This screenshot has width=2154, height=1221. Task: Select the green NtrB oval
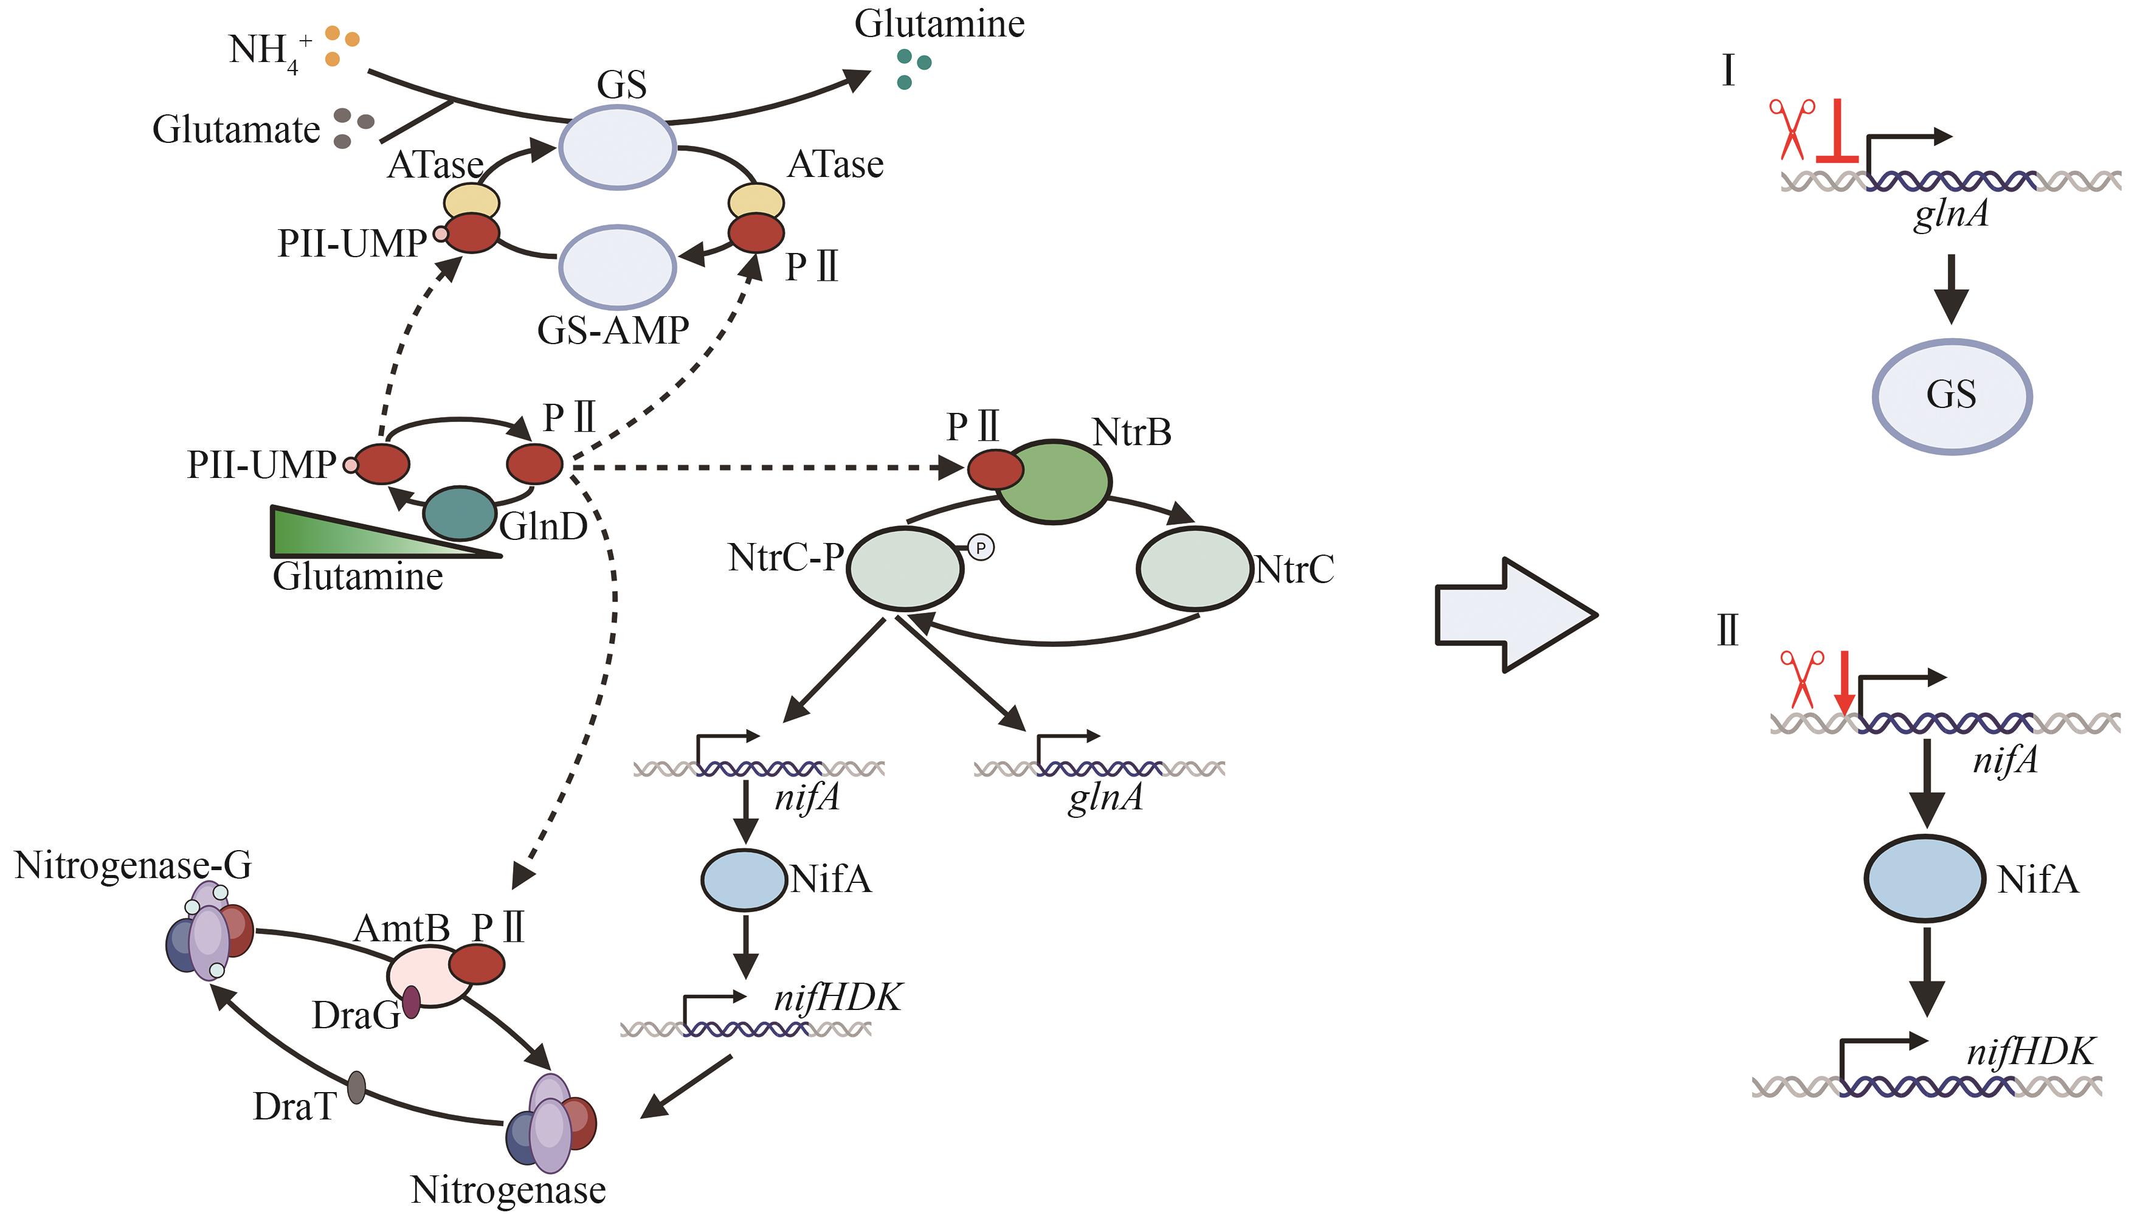point(1054,482)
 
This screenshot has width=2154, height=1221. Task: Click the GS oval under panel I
point(1951,396)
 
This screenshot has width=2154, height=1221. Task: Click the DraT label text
point(294,1107)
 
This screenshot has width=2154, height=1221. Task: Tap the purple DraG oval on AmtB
point(412,1001)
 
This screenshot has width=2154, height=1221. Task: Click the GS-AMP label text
point(613,330)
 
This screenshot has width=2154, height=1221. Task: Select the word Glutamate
point(236,130)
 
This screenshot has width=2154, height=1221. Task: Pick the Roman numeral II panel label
point(1728,631)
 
